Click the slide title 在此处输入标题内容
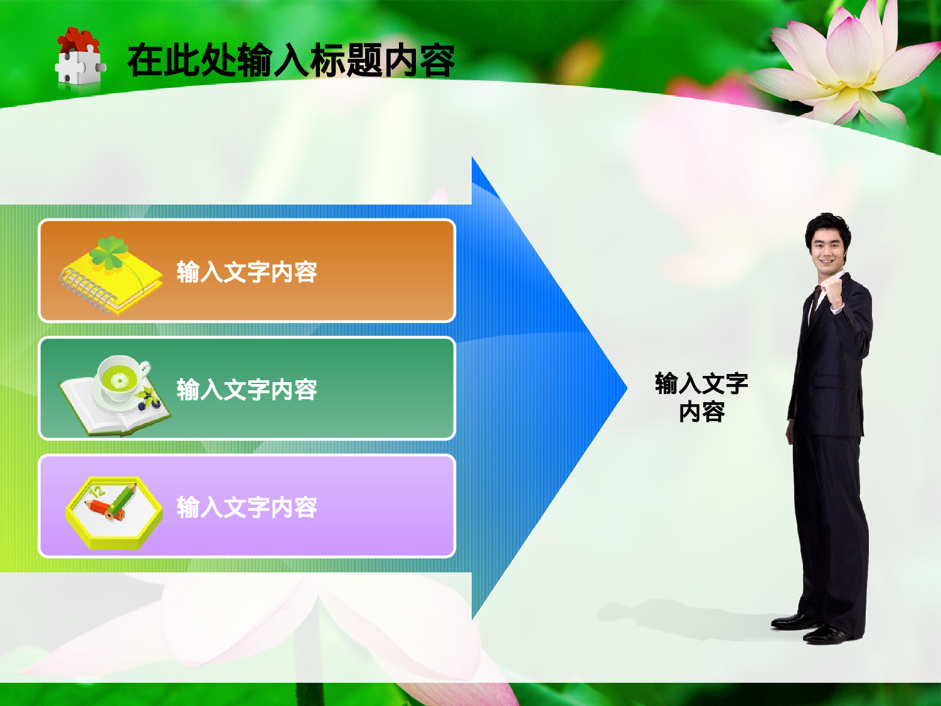pyautogui.click(x=290, y=61)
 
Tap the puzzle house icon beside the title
pyautogui.click(x=79, y=58)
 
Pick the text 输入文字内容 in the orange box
pyautogui.click(x=247, y=272)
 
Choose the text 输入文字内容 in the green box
pyautogui.click(x=247, y=390)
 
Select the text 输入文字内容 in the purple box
pyautogui.click(x=247, y=507)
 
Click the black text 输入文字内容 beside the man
pyautogui.click(x=701, y=397)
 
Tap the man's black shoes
pyautogui.click(x=816, y=629)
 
